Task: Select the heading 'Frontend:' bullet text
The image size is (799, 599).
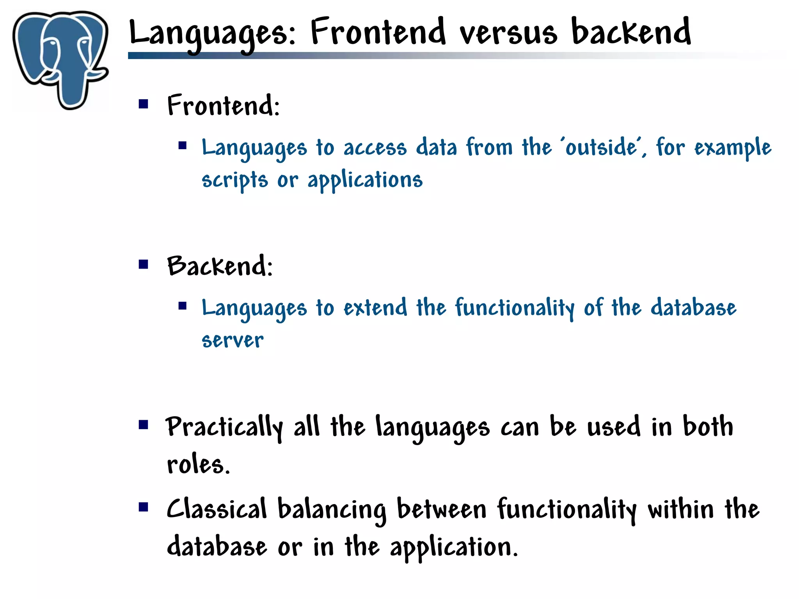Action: (224, 105)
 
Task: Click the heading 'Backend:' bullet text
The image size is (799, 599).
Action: (220, 266)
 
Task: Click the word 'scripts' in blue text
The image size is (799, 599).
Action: (234, 180)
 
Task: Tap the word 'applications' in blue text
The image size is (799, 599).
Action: (365, 180)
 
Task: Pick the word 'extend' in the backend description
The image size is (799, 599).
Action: (375, 308)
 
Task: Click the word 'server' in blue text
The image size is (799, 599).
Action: (233, 341)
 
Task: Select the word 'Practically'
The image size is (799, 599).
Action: (224, 428)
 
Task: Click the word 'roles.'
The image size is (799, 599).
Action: (198, 465)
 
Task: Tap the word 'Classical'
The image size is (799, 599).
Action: (217, 510)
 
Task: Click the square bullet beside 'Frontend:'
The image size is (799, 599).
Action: (144, 104)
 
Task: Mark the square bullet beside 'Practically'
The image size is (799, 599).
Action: (144, 424)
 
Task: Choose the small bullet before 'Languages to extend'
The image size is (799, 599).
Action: (183, 306)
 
